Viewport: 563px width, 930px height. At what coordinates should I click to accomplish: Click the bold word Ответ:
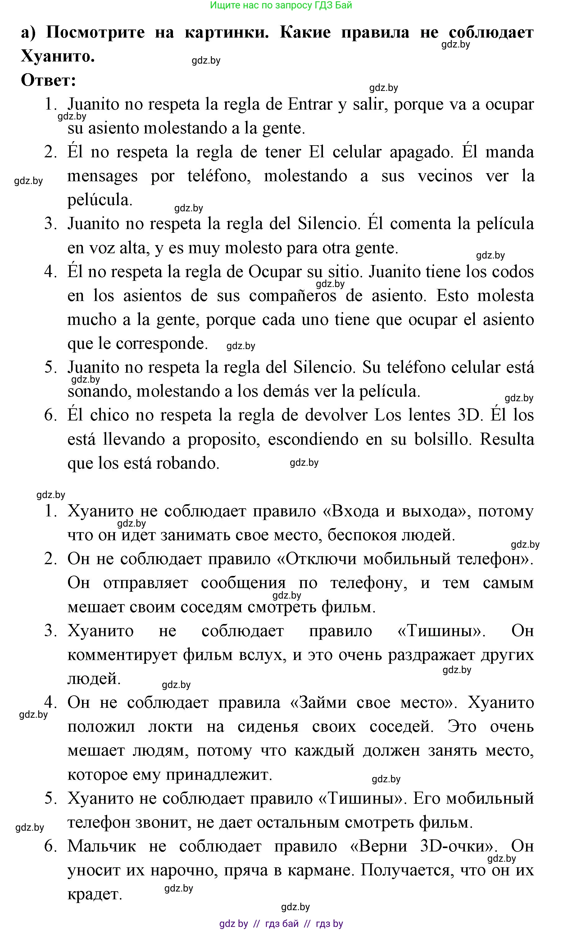coord(48,80)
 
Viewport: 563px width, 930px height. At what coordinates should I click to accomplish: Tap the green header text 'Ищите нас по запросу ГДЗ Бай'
coord(281,5)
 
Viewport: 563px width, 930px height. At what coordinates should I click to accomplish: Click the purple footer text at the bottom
coord(281,923)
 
